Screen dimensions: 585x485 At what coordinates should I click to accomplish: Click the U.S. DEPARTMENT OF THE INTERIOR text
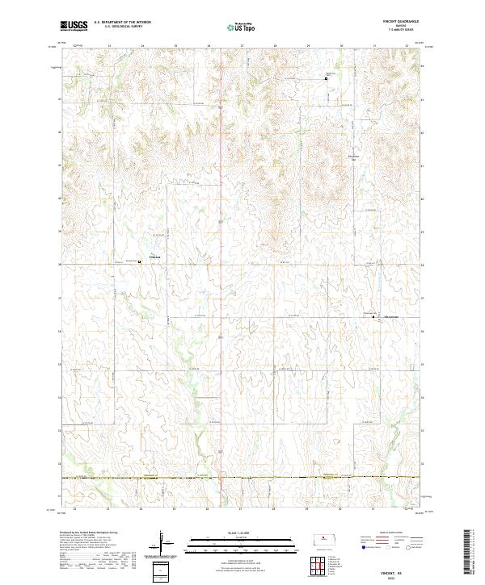click(x=122, y=22)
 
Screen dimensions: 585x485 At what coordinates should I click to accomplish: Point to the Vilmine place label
click(x=154, y=258)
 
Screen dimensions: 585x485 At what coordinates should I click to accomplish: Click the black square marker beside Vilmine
click(x=141, y=260)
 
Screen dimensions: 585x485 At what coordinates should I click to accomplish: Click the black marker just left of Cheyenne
click(x=373, y=317)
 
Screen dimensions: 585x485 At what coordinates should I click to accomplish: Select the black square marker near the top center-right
click(x=327, y=78)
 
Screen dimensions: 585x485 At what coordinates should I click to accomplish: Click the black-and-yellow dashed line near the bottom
click(x=242, y=478)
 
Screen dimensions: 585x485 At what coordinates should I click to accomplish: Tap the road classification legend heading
click(x=391, y=533)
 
